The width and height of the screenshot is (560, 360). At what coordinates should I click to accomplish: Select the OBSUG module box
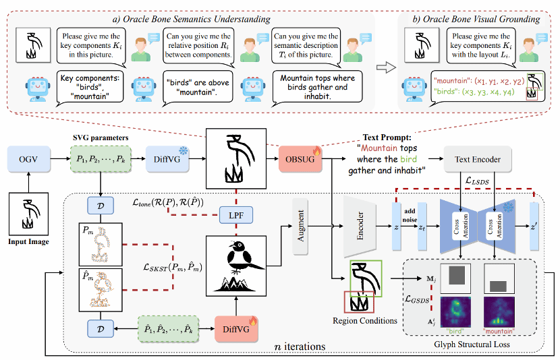click(299, 160)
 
